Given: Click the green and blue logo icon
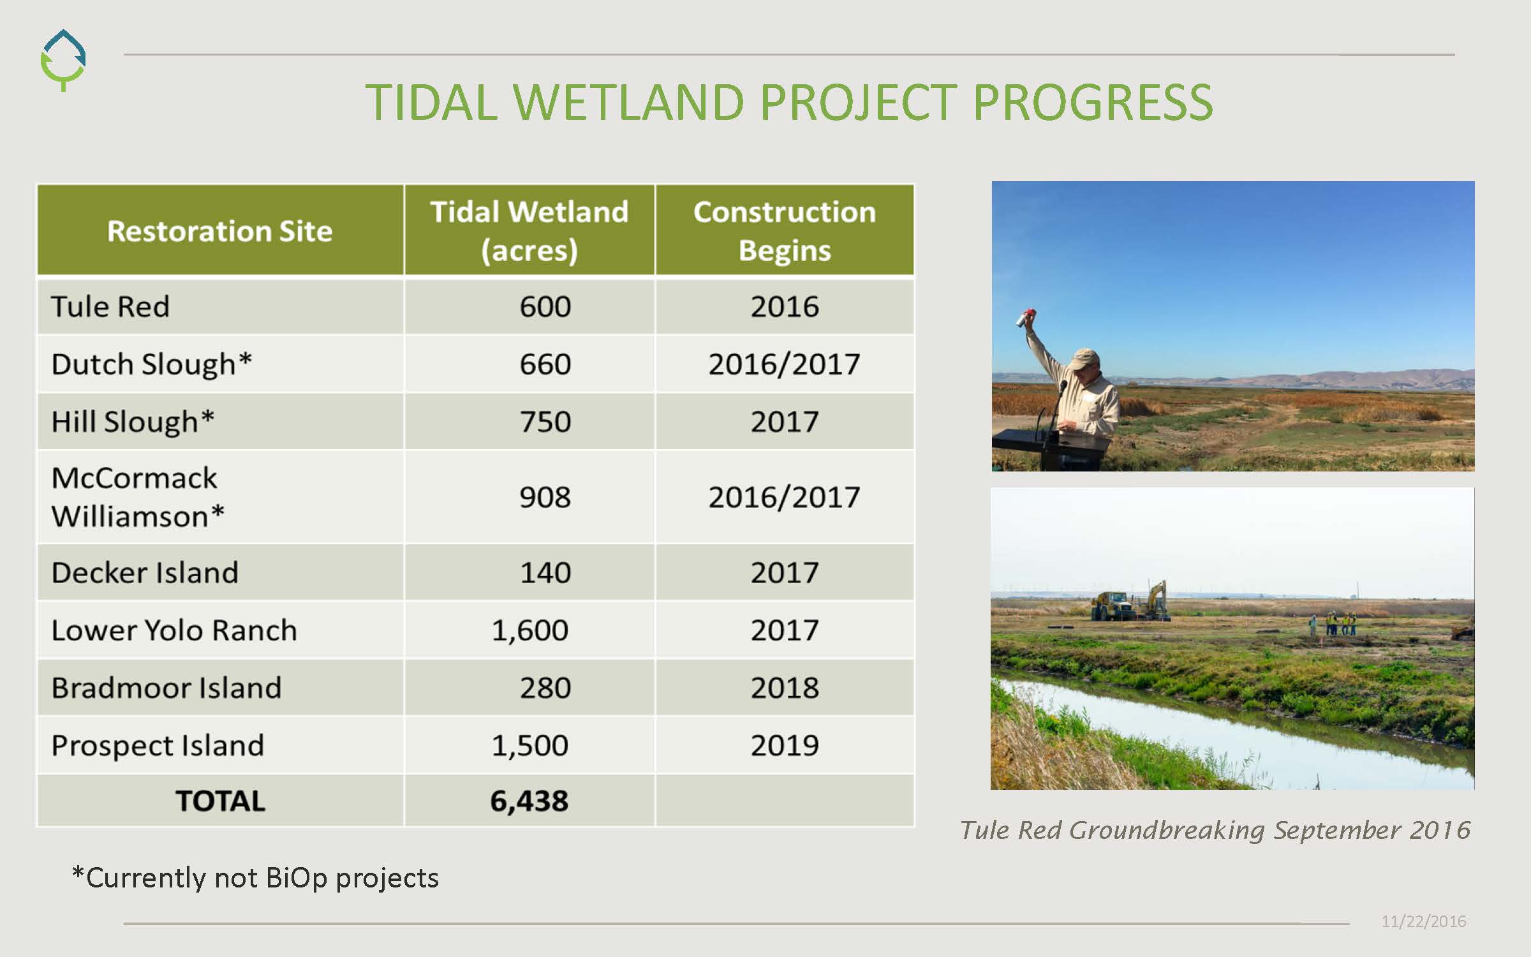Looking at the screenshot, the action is (63, 60).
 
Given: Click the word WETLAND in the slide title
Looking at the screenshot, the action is (628, 102).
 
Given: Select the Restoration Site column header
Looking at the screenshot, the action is (220, 230).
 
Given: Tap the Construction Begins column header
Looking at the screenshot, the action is (785, 230).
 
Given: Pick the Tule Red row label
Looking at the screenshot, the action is (110, 306).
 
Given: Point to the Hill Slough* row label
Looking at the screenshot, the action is (133, 422).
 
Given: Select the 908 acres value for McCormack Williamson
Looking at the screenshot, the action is (545, 497).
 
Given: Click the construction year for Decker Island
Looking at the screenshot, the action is (785, 572).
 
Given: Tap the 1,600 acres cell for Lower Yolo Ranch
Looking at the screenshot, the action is (529, 630).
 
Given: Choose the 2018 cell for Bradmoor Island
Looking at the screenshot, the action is (785, 687).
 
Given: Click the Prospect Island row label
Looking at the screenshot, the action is (158, 745).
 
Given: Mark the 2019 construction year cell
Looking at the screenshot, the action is (785, 745).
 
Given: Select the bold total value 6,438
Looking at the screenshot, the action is (529, 801).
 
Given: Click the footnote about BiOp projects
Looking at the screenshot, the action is (255, 878).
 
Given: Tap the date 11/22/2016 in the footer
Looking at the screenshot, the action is (1424, 921).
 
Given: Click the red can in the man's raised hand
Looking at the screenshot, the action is (1026, 316).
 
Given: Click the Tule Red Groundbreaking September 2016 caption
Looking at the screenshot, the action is (1215, 830).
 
